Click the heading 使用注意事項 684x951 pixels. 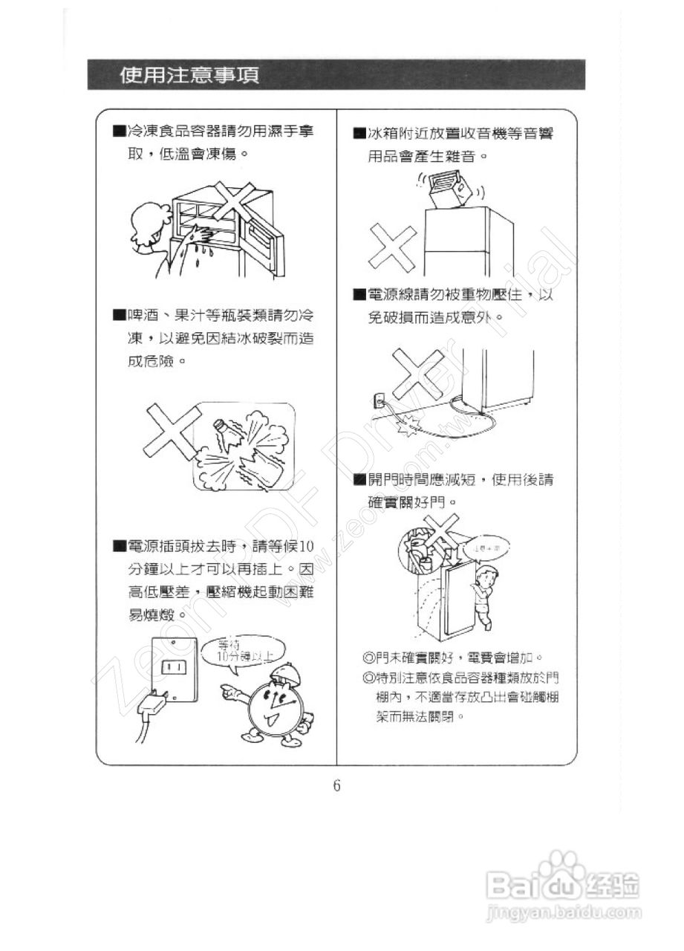click(x=190, y=75)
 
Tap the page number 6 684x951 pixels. click(x=336, y=785)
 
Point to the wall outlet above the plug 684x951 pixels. click(x=173, y=666)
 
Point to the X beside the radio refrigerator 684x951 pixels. click(x=391, y=249)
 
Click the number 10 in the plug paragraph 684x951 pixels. click(x=306, y=548)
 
